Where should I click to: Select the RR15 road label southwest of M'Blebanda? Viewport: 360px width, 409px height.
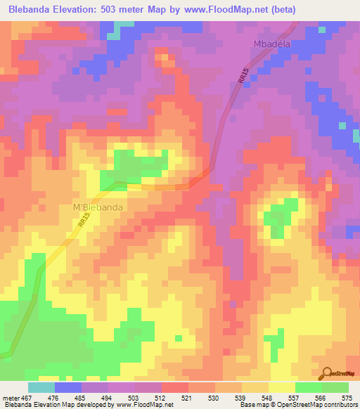(x=84, y=221)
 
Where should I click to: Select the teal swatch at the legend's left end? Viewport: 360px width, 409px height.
(x=41, y=387)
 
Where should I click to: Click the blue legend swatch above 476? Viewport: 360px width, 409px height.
(x=68, y=387)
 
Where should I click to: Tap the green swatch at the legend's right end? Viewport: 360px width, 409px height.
(x=335, y=387)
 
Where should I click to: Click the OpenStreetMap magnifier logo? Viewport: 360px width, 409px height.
(x=327, y=373)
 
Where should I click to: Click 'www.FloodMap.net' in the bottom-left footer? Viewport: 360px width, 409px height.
(x=145, y=405)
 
